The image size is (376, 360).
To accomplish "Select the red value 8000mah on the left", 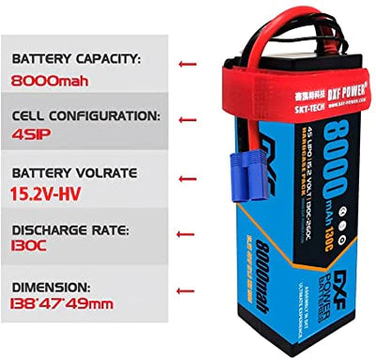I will [53, 80].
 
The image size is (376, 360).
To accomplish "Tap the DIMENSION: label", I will [53, 286].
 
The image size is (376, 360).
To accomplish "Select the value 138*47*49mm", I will [65, 305].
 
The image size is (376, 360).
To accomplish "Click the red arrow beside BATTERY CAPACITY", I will [187, 65].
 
